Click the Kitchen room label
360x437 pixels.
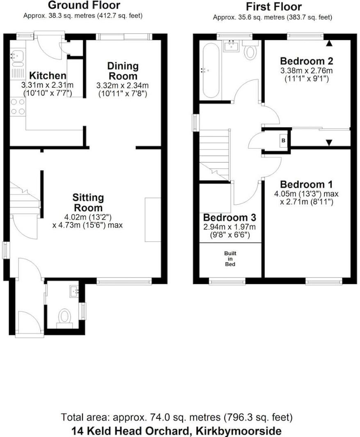(x=48, y=76)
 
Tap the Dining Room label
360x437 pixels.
(x=123, y=71)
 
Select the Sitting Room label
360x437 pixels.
(x=88, y=202)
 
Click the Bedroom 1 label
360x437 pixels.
(x=306, y=184)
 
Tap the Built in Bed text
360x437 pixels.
(x=230, y=259)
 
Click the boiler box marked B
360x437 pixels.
(x=283, y=141)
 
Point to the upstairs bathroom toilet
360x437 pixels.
(x=250, y=53)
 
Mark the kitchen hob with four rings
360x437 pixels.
(x=18, y=106)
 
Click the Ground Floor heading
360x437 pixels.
(x=84, y=5)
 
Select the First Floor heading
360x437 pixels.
(x=274, y=7)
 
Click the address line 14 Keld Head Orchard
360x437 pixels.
(x=177, y=431)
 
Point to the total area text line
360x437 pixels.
(x=177, y=418)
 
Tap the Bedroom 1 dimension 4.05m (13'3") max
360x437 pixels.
(x=306, y=194)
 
